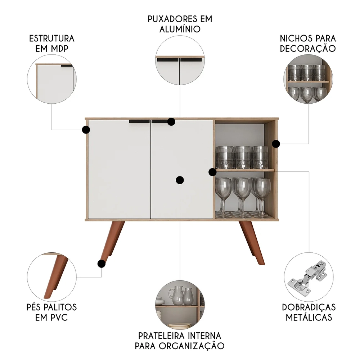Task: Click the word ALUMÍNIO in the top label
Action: point(180,29)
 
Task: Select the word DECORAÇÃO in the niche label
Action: point(308,49)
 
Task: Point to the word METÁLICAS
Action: point(309,317)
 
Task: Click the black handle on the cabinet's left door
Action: point(139,121)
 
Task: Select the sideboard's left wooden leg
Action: point(112,242)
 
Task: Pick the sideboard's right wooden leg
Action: point(252,243)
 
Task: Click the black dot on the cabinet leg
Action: point(102,264)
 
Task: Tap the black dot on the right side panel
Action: point(276,144)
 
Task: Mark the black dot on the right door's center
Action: point(180,180)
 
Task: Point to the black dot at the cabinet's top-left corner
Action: point(86,130)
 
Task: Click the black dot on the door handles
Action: point(171,122)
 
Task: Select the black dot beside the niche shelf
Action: point(213,172)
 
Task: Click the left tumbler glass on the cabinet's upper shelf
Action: point(224,158)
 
